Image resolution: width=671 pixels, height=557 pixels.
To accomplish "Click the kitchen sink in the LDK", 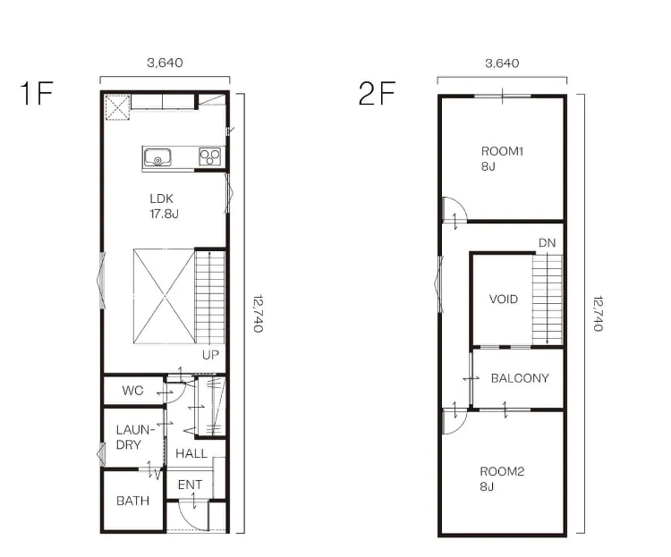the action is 157,157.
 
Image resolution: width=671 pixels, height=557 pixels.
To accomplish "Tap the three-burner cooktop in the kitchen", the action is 209,156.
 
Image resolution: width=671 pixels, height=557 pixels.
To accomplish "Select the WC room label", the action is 132,390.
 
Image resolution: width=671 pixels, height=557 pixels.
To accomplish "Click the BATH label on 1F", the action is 132,501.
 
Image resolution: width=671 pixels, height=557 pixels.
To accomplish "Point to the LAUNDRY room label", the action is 133,437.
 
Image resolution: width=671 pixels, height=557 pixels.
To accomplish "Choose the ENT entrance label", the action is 190,485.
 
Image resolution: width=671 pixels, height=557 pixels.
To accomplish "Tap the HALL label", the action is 191,453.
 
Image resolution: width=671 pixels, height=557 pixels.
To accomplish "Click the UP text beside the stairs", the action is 210,355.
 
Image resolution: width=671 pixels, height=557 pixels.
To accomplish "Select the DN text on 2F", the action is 547,243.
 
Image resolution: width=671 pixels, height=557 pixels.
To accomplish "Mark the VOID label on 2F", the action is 503,299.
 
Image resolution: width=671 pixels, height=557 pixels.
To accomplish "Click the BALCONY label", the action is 520,378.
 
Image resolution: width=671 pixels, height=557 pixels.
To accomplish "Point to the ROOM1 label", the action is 503,151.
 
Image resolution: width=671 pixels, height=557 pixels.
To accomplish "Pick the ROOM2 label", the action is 502,471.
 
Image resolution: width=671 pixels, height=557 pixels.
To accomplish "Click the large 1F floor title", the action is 37,93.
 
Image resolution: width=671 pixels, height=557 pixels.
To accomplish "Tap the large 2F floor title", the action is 377,93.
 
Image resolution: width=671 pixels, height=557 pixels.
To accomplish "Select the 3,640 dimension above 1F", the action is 165,63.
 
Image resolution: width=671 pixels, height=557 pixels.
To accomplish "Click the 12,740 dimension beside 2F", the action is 598,314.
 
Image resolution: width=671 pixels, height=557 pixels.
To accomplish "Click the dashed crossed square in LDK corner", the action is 117,107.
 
